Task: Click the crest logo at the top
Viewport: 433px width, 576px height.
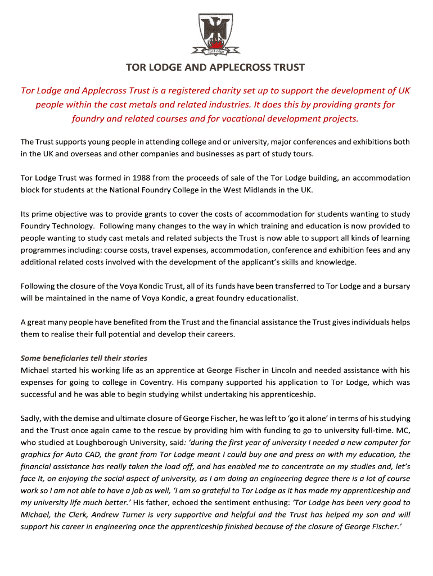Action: pos(216,34)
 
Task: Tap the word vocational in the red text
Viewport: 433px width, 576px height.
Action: pos(229,119)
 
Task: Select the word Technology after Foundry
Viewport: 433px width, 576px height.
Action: pos(73,226)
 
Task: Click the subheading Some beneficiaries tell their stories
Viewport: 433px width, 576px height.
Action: pos(84,358)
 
